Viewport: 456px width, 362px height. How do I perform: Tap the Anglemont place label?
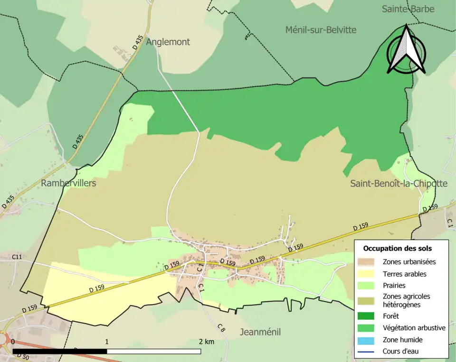click(x=168, y=42)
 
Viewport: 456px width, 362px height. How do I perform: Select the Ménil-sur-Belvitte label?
click(x=321, y=30)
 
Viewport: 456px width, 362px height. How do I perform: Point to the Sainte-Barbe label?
click(x=408, y=9)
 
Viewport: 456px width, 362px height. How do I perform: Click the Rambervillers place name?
click(x=68, y=183)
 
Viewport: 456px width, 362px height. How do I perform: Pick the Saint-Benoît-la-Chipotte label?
click(x=399, y=184)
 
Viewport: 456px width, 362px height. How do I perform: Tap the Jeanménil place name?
click(x=260, y=332)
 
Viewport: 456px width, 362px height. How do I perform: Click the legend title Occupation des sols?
click(x=397, y=248)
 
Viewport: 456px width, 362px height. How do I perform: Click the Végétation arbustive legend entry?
click(x=414, y=328)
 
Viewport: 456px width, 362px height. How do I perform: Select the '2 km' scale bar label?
click(x=206, y=342)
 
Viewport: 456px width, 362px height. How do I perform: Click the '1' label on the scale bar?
click(x=107, y=342)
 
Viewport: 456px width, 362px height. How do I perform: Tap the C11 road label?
click(x=17, y=257)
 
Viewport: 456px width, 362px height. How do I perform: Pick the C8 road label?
click(x=221, y=327)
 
